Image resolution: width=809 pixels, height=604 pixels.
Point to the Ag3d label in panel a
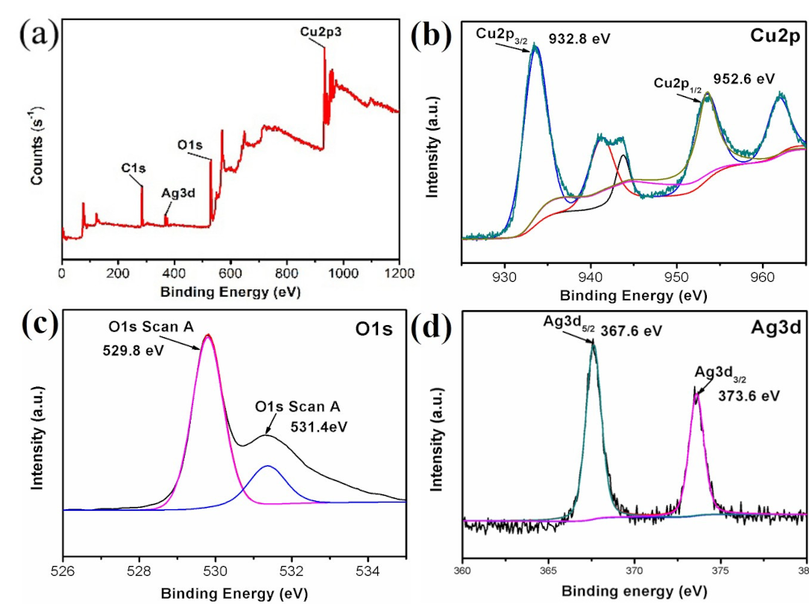coord(177,192)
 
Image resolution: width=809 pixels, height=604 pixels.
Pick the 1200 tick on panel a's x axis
coord(398,274)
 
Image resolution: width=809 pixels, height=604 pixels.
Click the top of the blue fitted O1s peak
coord(268,466)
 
